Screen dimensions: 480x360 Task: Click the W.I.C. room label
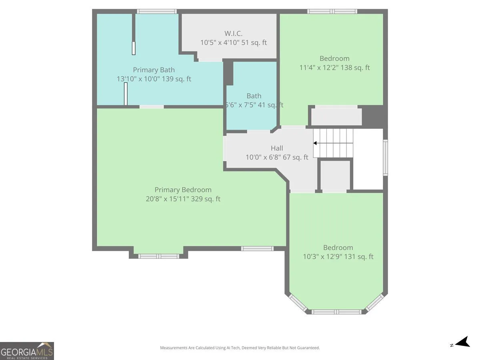point(233,34)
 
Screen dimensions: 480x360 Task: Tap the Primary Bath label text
point(154,70)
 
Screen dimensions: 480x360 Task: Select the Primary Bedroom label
point(183,190)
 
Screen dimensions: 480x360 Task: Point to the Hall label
point(277,148)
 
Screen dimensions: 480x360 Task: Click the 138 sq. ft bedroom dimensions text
point(334,68)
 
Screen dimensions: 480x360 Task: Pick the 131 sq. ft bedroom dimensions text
point(338,256)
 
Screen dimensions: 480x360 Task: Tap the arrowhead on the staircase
point(315,143)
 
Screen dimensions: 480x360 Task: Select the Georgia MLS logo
point(27,351)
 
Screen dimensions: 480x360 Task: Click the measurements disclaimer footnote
point(240,348)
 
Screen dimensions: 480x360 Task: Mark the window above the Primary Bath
point(157,11)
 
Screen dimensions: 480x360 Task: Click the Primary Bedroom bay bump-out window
point(159,256)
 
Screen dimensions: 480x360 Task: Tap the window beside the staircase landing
point(385,158)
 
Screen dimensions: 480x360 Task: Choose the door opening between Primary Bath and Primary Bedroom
point(152,107)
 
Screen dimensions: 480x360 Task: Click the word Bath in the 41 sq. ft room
point(254,96)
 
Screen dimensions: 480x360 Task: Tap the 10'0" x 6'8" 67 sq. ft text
point(277,157)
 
